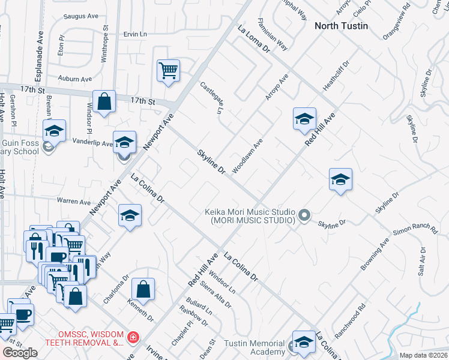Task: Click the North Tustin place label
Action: click(x=341, y=26)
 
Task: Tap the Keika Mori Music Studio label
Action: click(x=250, y=217)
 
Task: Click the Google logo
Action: click(x=20, y=353)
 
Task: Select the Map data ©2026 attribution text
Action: click(x=423, y=355)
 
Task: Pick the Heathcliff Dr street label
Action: click(x=336, y=76)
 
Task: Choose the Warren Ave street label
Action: click(x=73, y=200)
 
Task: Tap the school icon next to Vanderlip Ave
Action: click(x=124, y=143)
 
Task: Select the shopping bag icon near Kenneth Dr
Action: click(x=143, y=290)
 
